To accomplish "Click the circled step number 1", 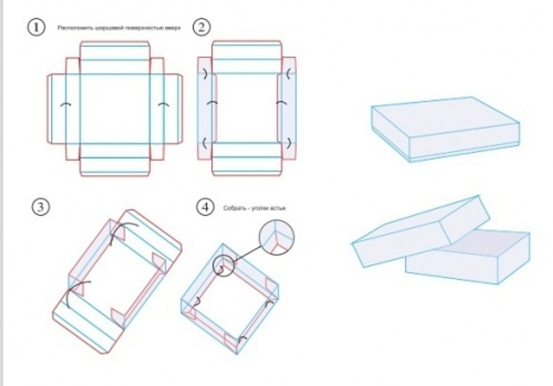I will point(36,28).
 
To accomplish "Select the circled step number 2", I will point(200,27).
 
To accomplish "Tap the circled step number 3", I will point(41,207).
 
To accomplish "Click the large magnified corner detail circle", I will point(276,237).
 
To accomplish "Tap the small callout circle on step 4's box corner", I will point(224,265).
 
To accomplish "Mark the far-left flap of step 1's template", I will point(56,108).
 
